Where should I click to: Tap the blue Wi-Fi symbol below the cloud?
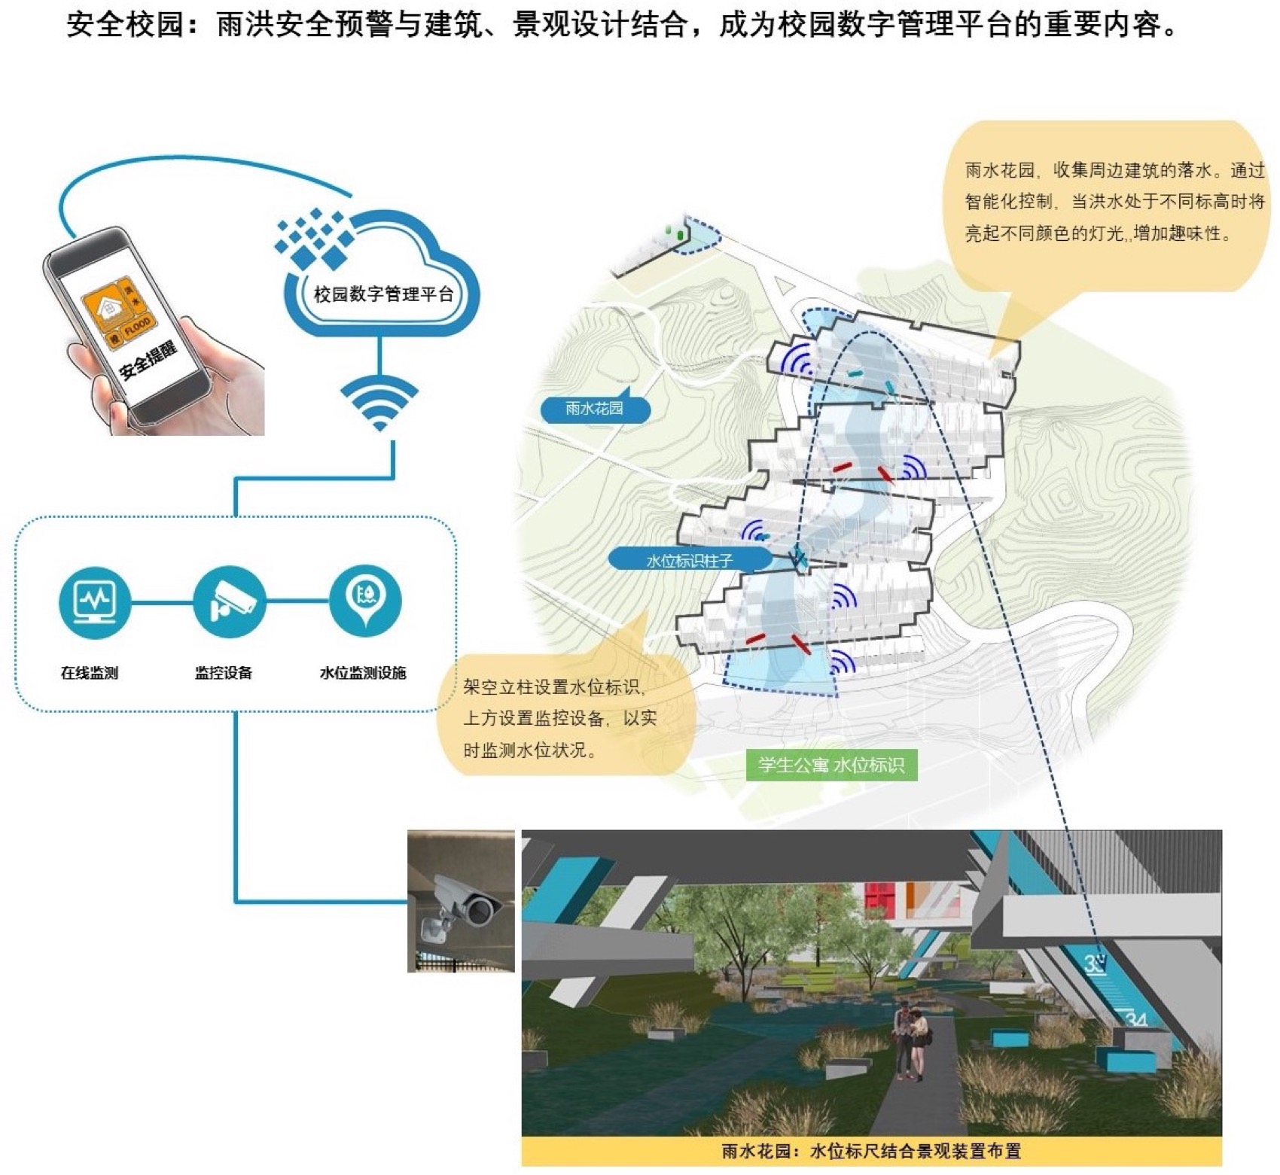[379, 403]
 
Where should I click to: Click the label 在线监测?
[90, 673]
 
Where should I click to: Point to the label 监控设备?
[224, 673]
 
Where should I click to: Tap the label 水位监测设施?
[363, 673]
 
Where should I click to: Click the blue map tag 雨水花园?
[594, 409]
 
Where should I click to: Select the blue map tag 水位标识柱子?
[689, 560]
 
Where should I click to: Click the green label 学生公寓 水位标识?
[830, 766]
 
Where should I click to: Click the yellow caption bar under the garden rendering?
[871, 1151]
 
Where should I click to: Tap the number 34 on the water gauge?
[1135, 1020]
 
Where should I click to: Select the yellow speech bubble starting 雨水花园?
[1107, 203]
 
